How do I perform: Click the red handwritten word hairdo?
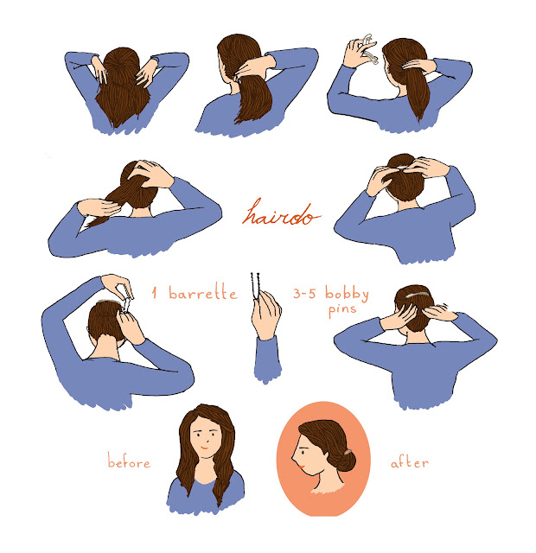281,213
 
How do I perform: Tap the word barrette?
203,292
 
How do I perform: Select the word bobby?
347,294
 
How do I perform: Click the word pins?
341,310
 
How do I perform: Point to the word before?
129,461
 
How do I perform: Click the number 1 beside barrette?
154,293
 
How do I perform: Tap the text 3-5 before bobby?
304,294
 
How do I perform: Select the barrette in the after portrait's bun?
348,452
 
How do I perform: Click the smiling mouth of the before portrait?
204,448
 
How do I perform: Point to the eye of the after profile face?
303,451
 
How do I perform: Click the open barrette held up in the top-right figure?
369,48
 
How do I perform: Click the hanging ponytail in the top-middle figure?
255,99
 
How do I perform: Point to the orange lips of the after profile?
302,467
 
